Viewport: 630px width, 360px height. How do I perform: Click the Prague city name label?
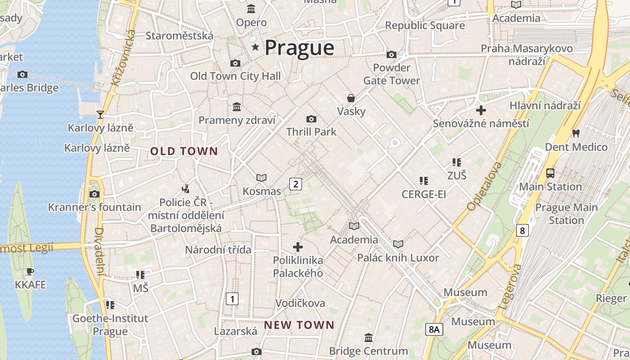[x=299, y=48]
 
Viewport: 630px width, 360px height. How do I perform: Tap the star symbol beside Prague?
[x=256, y=47]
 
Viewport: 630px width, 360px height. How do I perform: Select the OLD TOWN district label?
[x=184, y=152]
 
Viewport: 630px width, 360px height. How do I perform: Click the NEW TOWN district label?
[x=299, y=325]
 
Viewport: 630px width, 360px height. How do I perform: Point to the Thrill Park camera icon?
[x=311, y=119]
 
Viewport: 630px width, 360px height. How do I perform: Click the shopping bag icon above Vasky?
[x=351, y=98]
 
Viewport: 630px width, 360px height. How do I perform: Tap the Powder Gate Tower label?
[x=391, y=74]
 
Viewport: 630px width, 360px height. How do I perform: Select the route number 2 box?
[x=295, y=184]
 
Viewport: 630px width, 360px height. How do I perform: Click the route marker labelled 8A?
[x=434, y=329]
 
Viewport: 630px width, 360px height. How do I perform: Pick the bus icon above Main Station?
[x=550, y=173]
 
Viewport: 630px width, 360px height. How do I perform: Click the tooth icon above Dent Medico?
[x=576, y=133]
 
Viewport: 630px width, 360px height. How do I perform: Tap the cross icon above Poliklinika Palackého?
[x=298, y=247]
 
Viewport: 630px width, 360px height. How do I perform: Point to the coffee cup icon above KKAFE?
[x=30, y=271]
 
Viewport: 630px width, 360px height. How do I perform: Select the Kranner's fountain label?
[x=94, y=207]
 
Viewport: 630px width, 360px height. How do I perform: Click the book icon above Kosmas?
[x=261, y=178]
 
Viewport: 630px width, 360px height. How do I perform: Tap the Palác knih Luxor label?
[x=398, y=258]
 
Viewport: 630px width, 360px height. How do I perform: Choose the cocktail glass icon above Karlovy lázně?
[x=100, y=115]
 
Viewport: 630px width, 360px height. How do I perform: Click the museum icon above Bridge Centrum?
[x=369, y=337]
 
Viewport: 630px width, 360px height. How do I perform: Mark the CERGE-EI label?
[x=423, y=194]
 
